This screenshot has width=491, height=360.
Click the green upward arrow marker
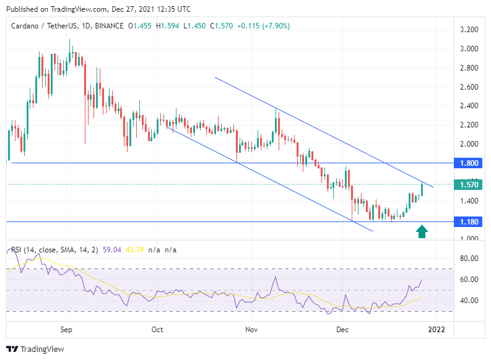(x=422, y=231)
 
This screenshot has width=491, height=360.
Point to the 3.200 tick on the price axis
(x=468, y=30)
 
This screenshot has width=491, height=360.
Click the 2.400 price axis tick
(x=468, y=106)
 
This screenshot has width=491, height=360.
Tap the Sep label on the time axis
(x=67, y=330)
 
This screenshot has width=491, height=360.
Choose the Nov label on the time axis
(x=251, y=330)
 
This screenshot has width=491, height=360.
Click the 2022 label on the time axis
(x=436, y=330)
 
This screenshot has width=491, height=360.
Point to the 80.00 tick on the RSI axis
(x=468, y=258)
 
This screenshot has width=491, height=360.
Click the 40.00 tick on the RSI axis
(x=468, y=301)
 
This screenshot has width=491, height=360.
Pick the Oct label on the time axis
(x=157, y=330)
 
